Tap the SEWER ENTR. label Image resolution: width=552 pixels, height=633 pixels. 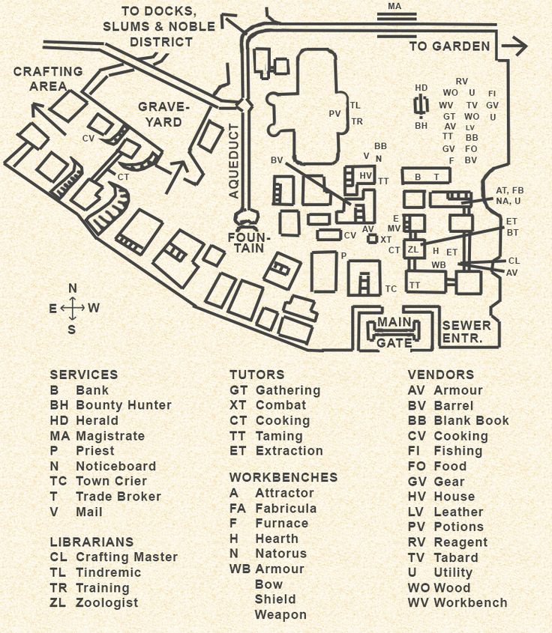point(466,332)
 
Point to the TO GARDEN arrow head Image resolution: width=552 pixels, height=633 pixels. point(517,46)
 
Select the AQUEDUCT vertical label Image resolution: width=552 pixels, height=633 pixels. point(233,160)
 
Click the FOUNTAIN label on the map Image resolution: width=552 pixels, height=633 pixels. point(246,242)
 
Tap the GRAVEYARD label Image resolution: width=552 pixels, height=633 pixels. point(164,114)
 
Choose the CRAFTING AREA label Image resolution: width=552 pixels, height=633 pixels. point(48,79)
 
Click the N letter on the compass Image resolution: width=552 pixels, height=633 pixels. point(73,288)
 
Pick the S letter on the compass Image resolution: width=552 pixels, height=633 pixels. point(72,329)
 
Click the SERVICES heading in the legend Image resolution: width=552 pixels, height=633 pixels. point(83,375)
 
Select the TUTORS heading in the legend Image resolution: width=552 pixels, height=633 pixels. point(256,375)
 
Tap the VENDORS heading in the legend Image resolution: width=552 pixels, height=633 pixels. point(441,375)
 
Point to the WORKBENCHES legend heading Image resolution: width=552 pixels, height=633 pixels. point(283,477)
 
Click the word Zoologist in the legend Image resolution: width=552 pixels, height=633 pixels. point(107,603)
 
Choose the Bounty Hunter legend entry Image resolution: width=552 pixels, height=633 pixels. point(124,405)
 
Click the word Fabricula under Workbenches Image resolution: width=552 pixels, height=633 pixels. point(286,508)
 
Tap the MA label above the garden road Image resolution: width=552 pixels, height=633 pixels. point(394,7)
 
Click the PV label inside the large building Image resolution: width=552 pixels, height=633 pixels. point(334,114)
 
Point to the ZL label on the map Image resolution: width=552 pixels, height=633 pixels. point(413,249)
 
